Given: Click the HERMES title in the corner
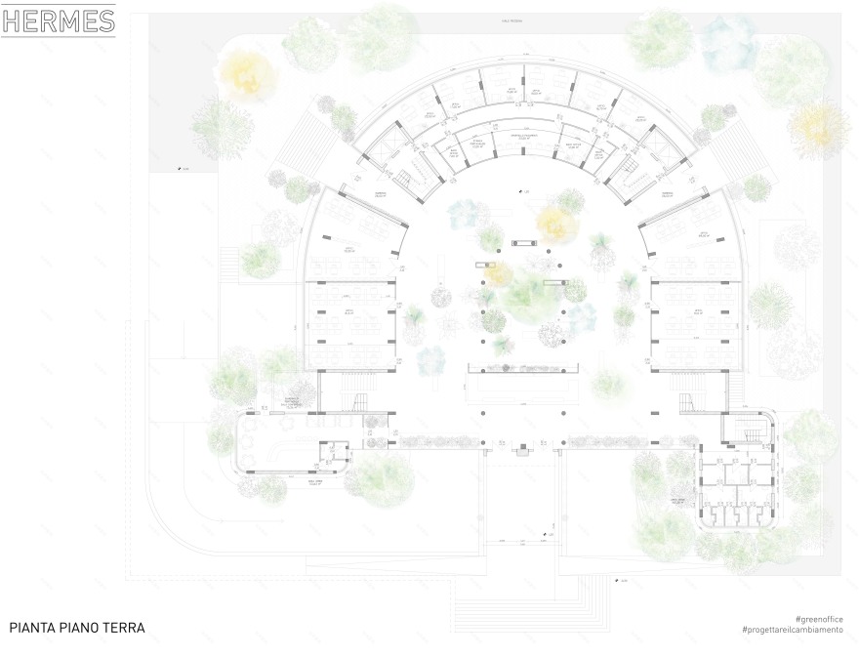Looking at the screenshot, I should [59, 21].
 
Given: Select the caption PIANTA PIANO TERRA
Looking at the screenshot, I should [77, 628].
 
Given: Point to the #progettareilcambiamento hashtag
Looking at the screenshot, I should [792, 631].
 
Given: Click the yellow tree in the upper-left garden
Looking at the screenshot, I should [247, 73].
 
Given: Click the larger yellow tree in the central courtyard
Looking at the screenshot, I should [556, 224].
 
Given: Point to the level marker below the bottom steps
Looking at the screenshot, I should [617, 581].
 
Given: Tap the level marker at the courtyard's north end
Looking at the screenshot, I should [523, 192].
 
